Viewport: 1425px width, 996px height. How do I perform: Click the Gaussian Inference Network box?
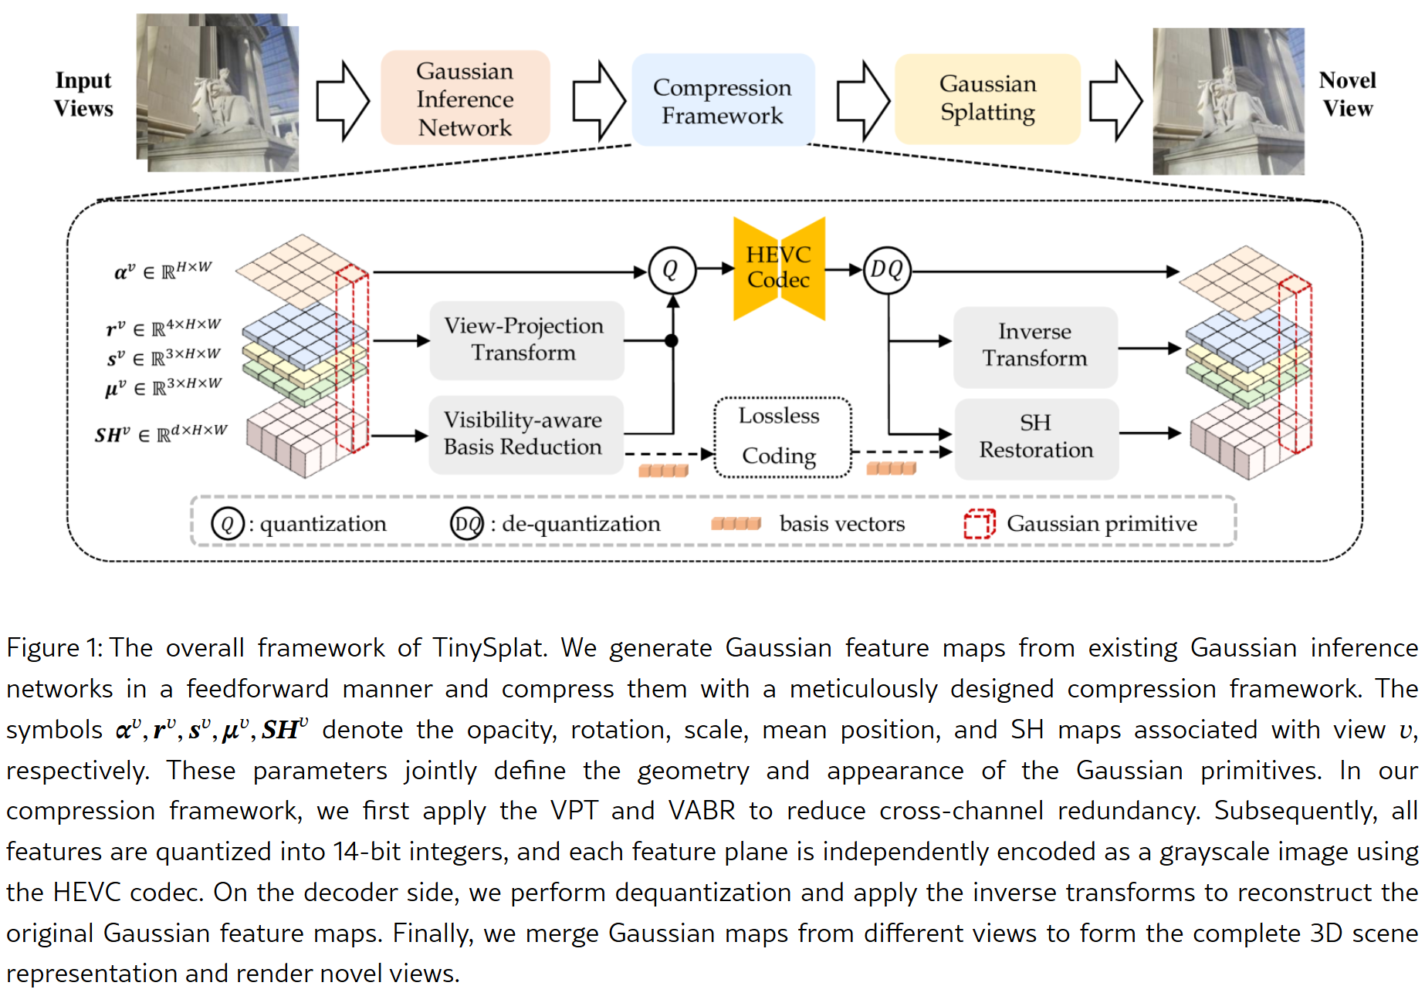click(465, 99)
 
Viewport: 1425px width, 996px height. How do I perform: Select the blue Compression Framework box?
click(723, 100)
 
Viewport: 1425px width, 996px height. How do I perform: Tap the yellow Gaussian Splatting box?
click(987, 99)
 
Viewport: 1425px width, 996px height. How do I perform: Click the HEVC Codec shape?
click(779, 268)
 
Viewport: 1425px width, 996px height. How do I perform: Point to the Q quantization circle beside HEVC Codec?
click(672, 270)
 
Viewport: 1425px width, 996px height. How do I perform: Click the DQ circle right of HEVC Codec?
click(887, 270)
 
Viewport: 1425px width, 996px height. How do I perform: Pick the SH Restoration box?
click(1036, 437)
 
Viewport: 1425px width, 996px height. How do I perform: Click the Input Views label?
click(83, 94)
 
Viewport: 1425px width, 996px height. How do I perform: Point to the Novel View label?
click(1348, 94)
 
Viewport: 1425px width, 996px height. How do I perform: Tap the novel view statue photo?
click(1228, 101)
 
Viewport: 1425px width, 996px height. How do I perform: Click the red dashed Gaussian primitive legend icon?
click(979, 524)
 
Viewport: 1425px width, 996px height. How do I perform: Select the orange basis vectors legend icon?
click(736, 524)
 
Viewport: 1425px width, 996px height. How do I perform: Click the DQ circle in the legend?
click(466, 524)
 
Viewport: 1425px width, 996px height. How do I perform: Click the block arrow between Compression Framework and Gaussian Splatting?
click(864, 101)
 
